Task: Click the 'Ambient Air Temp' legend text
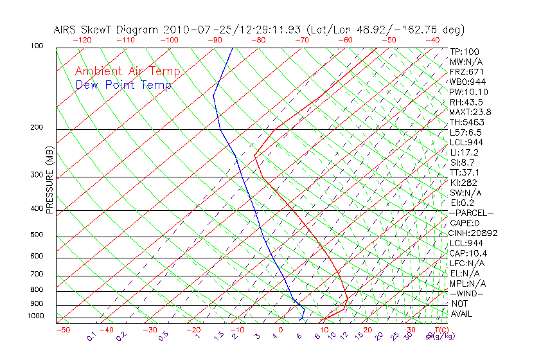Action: [x=127, y=71]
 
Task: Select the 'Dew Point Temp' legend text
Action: [x=123, y=85]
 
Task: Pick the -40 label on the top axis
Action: [x=432, y=40]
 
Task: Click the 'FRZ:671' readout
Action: [x=467, y=72]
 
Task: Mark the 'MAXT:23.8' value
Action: [x=471, y=112]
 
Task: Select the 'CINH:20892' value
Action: [x=474, y=233]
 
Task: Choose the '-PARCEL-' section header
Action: [x=471, y=213]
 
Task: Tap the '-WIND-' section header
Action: [x=467, y=293]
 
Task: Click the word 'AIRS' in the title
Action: [x=66, y=30]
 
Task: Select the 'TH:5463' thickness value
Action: [x=467, y=122]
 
